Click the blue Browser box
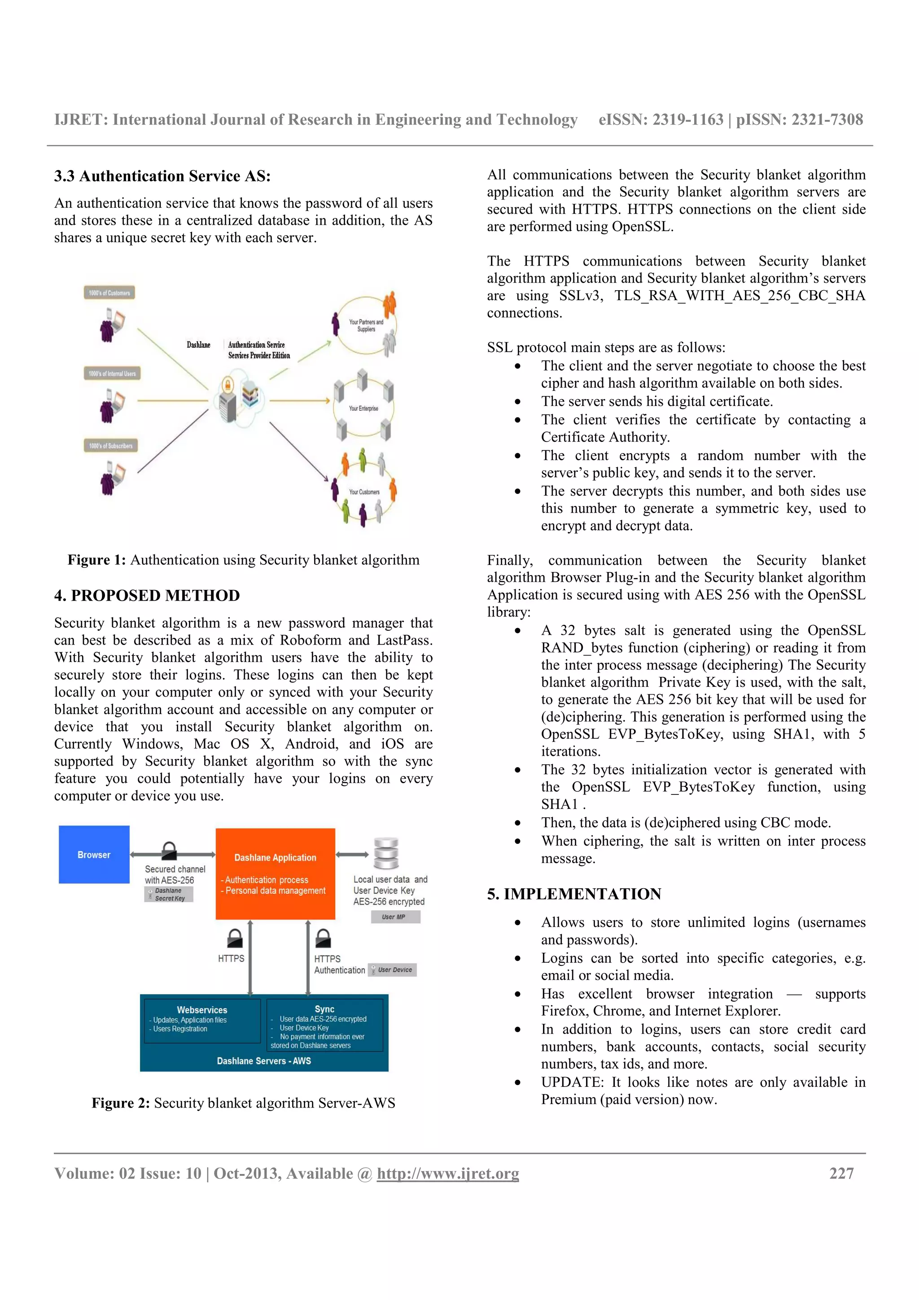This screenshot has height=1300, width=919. (x=94, y=855)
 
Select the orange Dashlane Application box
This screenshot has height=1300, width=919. (x=275, y=874)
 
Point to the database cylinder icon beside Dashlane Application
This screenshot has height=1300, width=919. (x=386, y=853)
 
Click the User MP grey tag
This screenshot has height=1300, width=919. (x=395, y=916)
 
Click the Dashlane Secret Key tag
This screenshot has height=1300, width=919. (x=169, y=894)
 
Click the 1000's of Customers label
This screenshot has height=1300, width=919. (x=109, y=293)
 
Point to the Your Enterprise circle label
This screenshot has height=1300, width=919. (x=363, y=408)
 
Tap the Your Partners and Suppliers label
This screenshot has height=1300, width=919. (x=366, y=326)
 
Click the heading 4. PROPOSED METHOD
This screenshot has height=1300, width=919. (x=147, y=596)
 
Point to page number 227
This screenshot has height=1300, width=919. (x=841, y=1173)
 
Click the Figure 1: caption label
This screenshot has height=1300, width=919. (x=96, y=560)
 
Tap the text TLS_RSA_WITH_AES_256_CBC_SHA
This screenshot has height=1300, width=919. (x=740, y=296)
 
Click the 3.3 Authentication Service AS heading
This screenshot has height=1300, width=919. (x=162, y=176)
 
